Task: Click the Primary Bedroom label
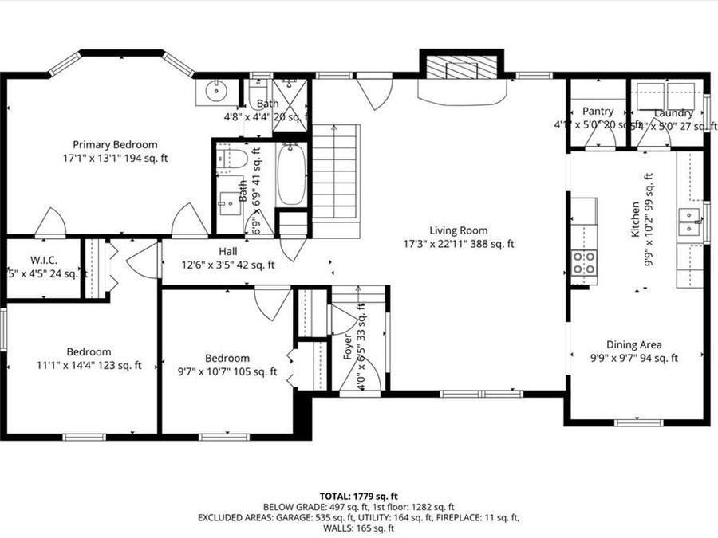pyautogui.click(x=115, y=144)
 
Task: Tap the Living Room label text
pyautogui.click(x=459, y=230)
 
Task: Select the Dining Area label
pyautogui.click(x=633, y=345)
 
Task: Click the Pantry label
pyautogui.click(x=598, y=112)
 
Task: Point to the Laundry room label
pyautogui.click(x=673, y=113)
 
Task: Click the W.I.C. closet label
pyautogui.click(x=42, y=261)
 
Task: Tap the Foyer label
pyautogui.click(x=348, y=350)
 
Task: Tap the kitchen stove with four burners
pyautogui.click(x=585, y=262)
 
